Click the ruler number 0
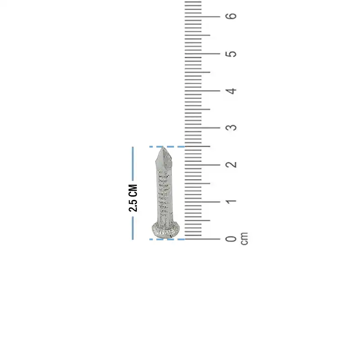tap(231, 239)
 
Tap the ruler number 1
tap(231, 202)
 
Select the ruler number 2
tap(231, 165)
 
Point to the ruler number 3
tap(231, 128)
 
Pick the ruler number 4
tap(231, 91)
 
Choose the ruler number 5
tap(231, 54)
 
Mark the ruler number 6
tap(231, 16)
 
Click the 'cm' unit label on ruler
tap(244, 239)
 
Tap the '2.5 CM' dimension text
tap(133, 198)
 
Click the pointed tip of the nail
tap(163, 148)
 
